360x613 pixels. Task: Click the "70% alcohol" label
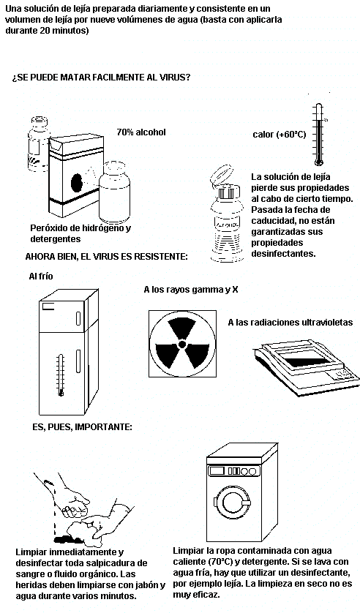click(x=141, y=132)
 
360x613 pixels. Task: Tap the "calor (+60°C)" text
click(x=279, y=135)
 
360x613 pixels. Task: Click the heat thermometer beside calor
click(x=319, y=135)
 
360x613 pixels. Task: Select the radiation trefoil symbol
click(x=182, y=344)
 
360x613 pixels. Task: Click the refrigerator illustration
click(x=68, y=352)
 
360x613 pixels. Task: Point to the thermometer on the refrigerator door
click(x=60, y=375)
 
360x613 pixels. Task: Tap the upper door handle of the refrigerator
click(x=78, y=318)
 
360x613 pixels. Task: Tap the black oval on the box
click(x=77, y=183)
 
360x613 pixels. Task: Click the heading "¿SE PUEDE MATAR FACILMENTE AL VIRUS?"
click(x=101, y=77)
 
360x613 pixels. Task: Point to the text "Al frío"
click(x=41, y=276)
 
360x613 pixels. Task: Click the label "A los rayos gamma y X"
click(x=191, y=290)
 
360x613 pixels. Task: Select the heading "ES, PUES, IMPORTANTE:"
click(x=82, y=426)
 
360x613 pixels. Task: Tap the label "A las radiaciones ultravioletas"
click(x=290, y=323)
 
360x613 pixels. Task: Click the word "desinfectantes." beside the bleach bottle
click(x=283, y=253)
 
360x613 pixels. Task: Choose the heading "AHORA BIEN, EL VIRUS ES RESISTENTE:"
click(x=106, y=257)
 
